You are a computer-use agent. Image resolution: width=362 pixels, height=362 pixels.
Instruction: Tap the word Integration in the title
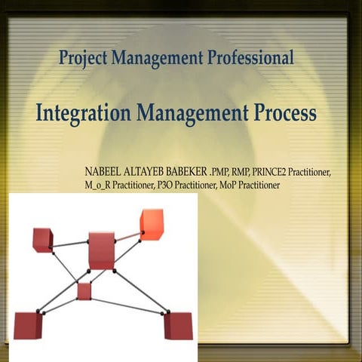(x=84, y=114)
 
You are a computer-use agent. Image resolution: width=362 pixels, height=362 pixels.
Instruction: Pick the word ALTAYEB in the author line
(x=145, y=172)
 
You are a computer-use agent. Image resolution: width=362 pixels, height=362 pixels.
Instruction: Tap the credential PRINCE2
(x=277, y=172)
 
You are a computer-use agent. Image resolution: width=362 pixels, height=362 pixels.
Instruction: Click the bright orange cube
(x=152, y=224)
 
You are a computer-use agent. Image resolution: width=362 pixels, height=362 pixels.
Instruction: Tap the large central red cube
(x=101, y=250)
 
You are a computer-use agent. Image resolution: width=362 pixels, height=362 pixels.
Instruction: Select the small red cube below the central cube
(x=84, y=291)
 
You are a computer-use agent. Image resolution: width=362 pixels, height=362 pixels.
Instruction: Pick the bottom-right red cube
(x=179, y=325)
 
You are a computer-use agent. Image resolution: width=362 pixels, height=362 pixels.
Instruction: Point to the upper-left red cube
(x=42, y=240)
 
